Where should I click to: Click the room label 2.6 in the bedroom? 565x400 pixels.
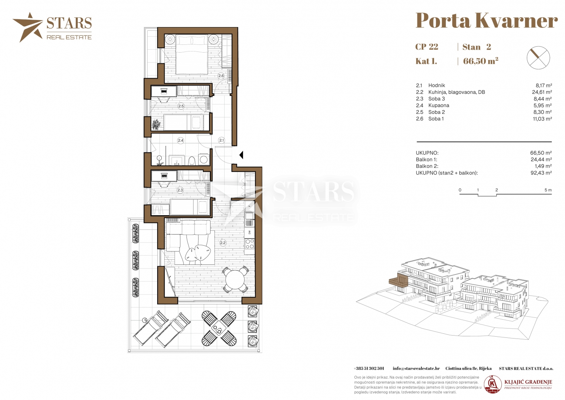point(221,76)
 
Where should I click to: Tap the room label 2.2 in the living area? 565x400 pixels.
point(223,243)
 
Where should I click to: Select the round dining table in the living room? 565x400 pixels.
point(235,279)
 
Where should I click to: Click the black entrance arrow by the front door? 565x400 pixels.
point(241,155)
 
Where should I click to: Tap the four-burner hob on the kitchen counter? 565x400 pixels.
point(250,244)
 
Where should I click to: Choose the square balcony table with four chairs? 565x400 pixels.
point(219,328)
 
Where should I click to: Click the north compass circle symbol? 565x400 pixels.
point(538,57)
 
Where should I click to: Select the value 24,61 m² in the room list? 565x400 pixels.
point(542,92)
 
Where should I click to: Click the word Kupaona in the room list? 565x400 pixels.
point(438,105)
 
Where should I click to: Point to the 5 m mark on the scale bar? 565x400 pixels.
point(548,190)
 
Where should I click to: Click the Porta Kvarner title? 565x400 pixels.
point(487,20)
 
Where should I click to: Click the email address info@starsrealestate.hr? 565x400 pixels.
point(416,369)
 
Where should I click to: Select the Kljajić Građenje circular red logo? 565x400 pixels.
point(492,384)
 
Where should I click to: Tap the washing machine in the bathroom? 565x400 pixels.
point(204,160)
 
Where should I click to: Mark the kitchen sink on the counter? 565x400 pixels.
point(249,216)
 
